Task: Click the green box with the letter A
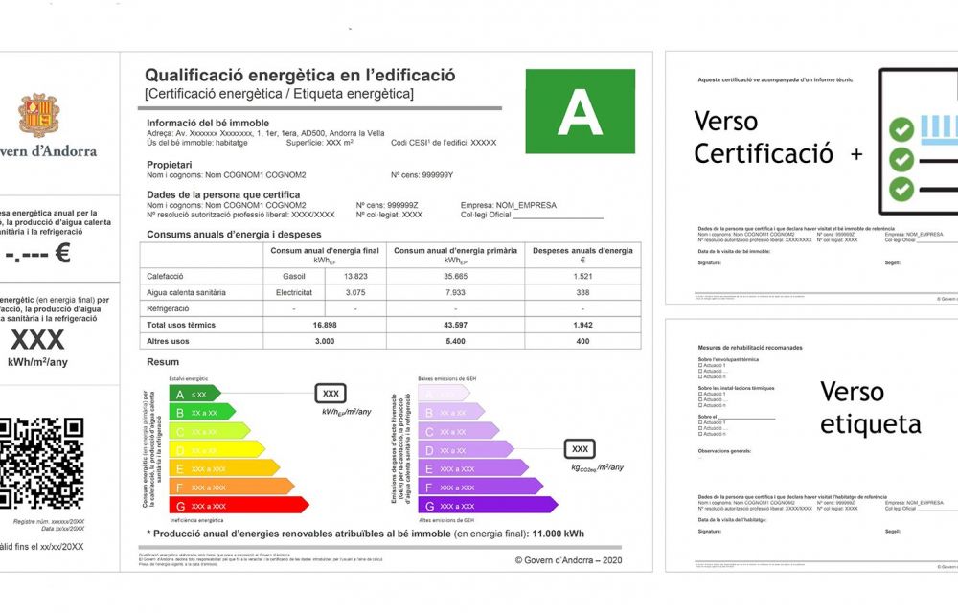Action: pyautogui.click(x=581, y=112)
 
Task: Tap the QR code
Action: pyautogui.click(x=42, y=463)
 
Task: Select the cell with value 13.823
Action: pyautogui.click(x=355, y=276)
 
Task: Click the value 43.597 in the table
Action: pyautogui.click(x=455, y=325)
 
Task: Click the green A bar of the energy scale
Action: pyautogui.click(x=194, y=394)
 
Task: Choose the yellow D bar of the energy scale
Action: pyautogui.click(x=215, y=449)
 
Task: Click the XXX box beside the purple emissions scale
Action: pyautogui.click(x=580, y=448)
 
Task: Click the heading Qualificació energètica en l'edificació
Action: pyautogui.click(x=300, y=76)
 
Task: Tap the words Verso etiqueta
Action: pyautogui.click(x=870, y=407)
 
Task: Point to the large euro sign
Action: pyautogui.click(x=62, y=253)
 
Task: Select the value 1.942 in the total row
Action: pyautogui.click(x=582, y=325)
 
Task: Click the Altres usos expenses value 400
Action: pyautogui.click(x=582, y=341)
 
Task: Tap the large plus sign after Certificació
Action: pyautogui.click(x=855, y=153)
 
